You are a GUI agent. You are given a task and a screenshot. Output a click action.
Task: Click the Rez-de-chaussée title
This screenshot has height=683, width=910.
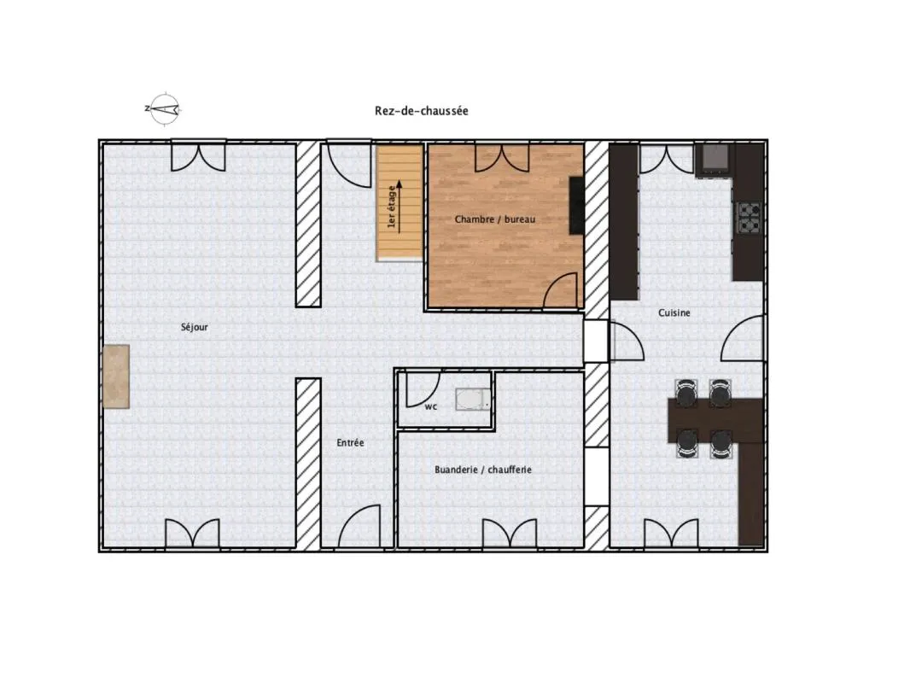click(422, 111)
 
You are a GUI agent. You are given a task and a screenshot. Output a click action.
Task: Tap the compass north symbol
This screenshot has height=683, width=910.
click(164, 108)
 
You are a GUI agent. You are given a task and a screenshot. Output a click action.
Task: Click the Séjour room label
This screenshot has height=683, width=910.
click(195, 327)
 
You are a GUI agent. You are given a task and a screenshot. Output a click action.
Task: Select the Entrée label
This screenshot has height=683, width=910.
click(351, 443)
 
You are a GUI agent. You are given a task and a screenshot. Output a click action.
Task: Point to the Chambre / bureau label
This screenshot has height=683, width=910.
click(495, 219)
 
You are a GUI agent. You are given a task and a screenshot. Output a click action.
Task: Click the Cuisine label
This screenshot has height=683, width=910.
click(674, 312)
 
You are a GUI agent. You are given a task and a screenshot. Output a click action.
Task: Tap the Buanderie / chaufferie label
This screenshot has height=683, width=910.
click(483, 470)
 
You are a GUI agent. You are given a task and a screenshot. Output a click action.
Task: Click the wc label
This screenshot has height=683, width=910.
click(430, 406)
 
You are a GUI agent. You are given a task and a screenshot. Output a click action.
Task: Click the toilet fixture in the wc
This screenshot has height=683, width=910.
click(473, 400)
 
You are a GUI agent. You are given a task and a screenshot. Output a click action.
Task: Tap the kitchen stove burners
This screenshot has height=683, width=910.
click(749, 217)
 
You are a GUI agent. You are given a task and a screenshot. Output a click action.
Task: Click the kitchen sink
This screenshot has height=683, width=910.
click(714, 159)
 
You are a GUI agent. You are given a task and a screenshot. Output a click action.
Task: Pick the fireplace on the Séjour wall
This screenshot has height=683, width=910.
click(116, 377)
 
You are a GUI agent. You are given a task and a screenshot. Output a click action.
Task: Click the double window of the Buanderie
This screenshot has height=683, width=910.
click(509, 533)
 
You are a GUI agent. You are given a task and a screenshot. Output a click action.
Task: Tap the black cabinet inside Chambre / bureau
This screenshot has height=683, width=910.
click(576, 206)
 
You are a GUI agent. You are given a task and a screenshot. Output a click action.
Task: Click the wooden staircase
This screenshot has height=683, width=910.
click(400, 202)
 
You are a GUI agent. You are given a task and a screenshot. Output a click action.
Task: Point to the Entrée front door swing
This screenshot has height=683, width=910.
click(359, 525)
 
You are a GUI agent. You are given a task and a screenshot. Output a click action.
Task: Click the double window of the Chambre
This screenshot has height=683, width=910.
click(502, 158)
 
